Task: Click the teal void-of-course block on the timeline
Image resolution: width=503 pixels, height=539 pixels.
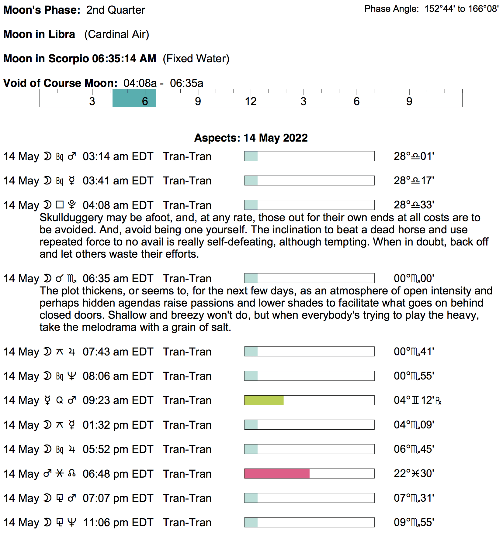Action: (x=134, y=98)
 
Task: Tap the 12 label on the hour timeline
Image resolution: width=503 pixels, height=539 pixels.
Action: (x=251, y=101)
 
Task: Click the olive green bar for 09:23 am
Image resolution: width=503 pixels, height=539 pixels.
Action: (x=264, y=400)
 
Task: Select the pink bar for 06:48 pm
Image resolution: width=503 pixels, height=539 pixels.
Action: (x=277, y=474)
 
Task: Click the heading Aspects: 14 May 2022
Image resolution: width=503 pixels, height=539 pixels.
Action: (x=251, y=138)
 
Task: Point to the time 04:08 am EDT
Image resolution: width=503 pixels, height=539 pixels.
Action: (x=118, y=205)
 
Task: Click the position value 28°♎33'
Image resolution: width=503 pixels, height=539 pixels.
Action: (x=414, y=205)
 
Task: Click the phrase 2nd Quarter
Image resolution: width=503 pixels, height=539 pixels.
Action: (x=116, y=10)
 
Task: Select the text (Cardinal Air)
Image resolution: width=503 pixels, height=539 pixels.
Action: (x=116, y=34)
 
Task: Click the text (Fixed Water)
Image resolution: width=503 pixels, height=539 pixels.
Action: (x=196, y=59)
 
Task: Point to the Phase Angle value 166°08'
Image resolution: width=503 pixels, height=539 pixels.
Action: (x=483, y=9)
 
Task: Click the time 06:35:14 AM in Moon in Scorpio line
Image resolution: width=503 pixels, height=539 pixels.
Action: (x=124, y=59)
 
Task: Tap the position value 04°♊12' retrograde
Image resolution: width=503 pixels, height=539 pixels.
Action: (x=417, y=400)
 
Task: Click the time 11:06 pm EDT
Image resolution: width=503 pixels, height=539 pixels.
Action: (x=118, y=523)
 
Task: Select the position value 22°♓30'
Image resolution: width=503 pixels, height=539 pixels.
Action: (x=414, y=474)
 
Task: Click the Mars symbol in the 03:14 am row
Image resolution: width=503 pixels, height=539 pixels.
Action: (x=72, y=156)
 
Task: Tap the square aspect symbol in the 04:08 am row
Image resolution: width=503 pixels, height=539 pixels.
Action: (x=60, y=205)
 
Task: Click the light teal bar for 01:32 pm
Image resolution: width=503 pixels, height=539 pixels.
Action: (x=251, y=425)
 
